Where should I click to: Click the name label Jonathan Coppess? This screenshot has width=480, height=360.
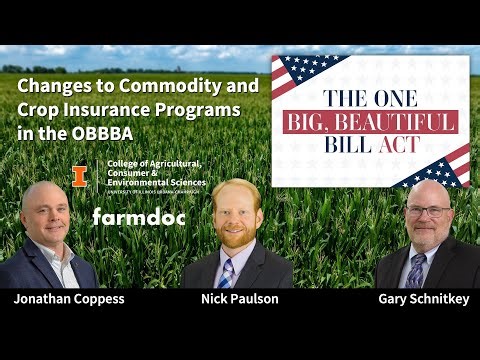pyautogui.click(x=68, y=299)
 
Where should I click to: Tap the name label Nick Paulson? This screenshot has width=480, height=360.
pyautogui.click(x=240, y=299)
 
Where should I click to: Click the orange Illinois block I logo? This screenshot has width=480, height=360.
pyautogui.click(x=79, y=176)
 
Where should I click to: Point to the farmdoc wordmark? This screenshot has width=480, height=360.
pyautogui.click(x=135, y=216)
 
